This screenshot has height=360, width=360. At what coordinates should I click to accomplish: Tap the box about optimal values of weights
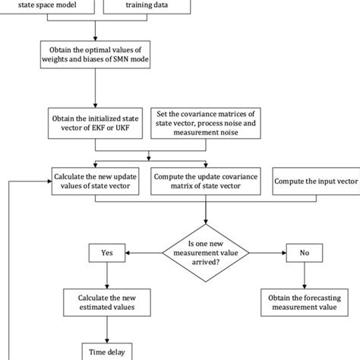click(x=96, y=55)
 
